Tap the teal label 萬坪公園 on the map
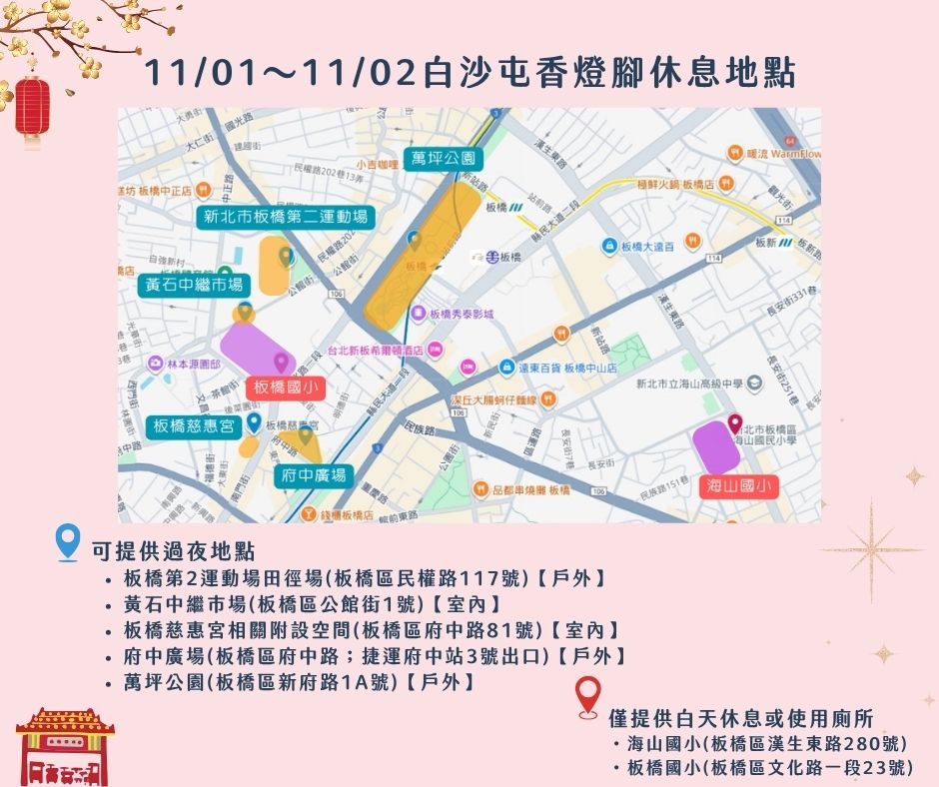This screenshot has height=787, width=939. [444, 158]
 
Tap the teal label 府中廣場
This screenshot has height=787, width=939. [312, 475]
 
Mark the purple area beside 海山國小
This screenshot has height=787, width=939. [717, 446]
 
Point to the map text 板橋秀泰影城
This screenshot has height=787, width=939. [462, 314]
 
